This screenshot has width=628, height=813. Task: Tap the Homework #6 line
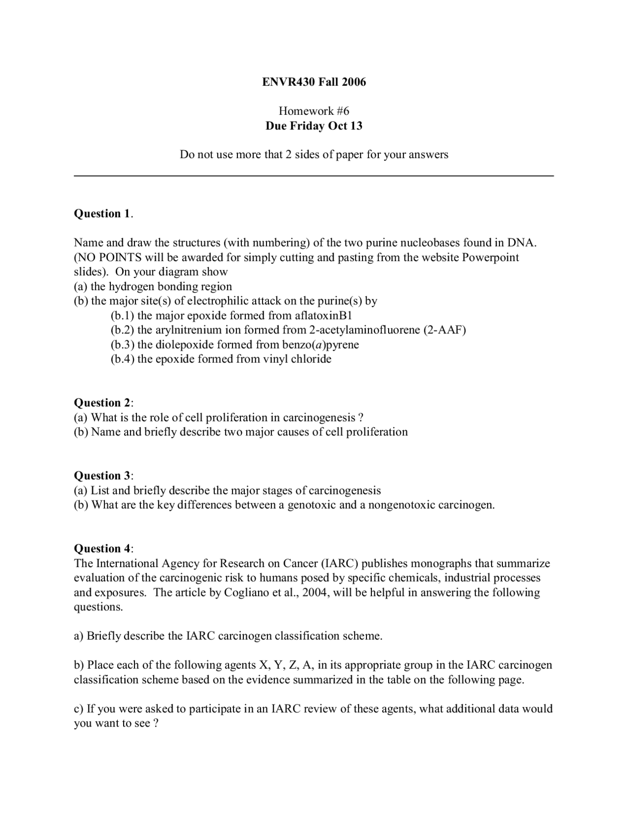[314, 111]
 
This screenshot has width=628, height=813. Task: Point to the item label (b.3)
[123, 345]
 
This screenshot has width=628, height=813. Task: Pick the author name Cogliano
[246, 593]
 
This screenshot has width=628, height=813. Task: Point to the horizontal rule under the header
[314, 176]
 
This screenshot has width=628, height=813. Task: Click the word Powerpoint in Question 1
[490, 257]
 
